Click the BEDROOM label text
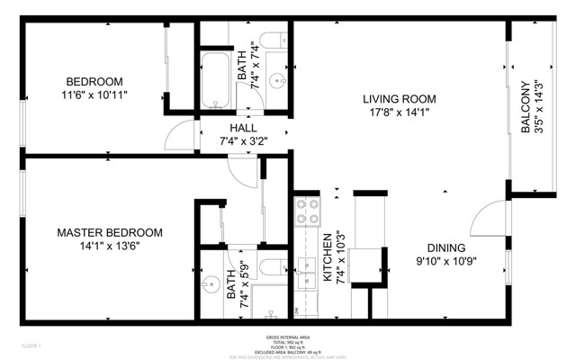(x=94, y=78)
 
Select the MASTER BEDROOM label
(x=98, y=231)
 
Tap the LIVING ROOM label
(x=400, y=99)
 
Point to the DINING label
(x=445, y=248)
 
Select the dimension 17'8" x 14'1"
(x=400, y=113)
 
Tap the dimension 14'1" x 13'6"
(x=98, y=245)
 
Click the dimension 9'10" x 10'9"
(x=445, y=263)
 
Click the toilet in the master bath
(x=269, y=311)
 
